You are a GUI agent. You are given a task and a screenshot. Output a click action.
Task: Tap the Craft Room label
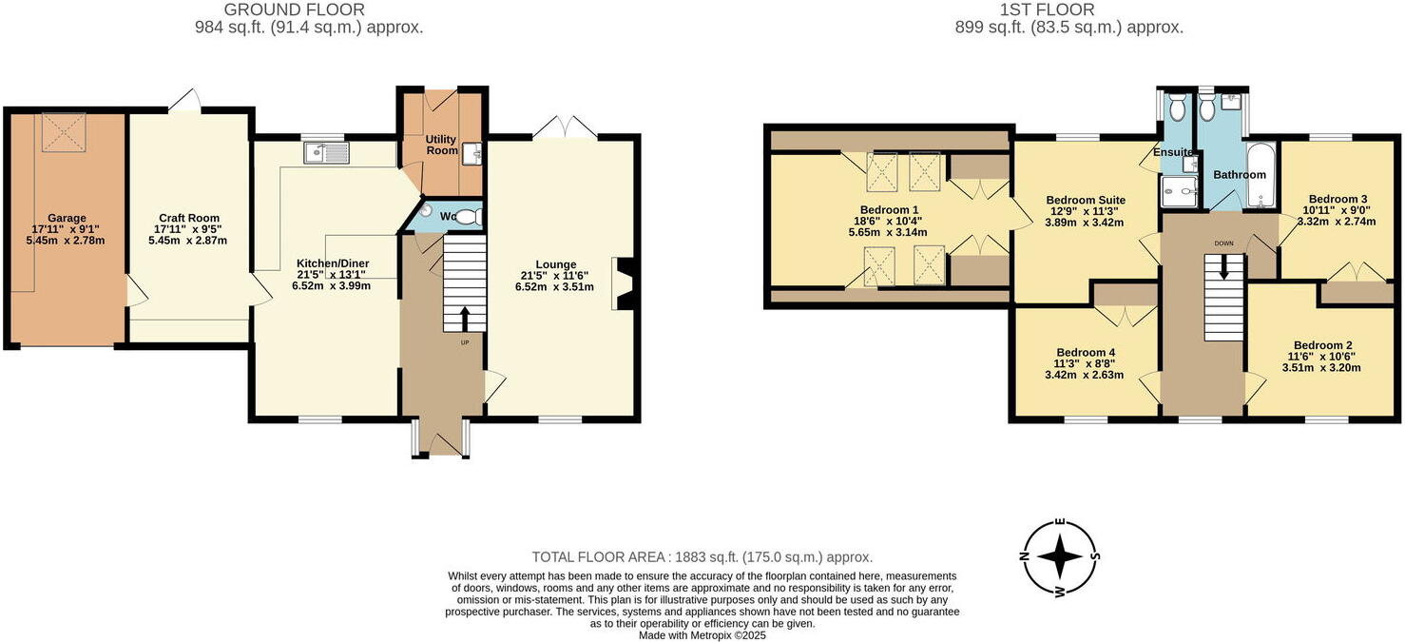pyautogui.click(x=189, y=218)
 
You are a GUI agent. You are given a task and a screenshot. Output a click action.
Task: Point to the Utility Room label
pyautogui.click(x=440, y=145)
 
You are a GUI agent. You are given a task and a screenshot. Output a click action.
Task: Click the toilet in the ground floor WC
pyautogui.click(x=472, y=216)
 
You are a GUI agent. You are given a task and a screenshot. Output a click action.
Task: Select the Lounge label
pyautogui.click(x=556, y=264)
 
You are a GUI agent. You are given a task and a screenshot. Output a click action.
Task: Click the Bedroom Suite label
pyautogui.click(x=1085, y=200)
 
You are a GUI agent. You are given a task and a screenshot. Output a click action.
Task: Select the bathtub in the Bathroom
pyautogui.click(x=1260, y=174)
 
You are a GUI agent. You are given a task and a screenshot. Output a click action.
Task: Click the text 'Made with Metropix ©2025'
pyautogui.click(x=702, y=635)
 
